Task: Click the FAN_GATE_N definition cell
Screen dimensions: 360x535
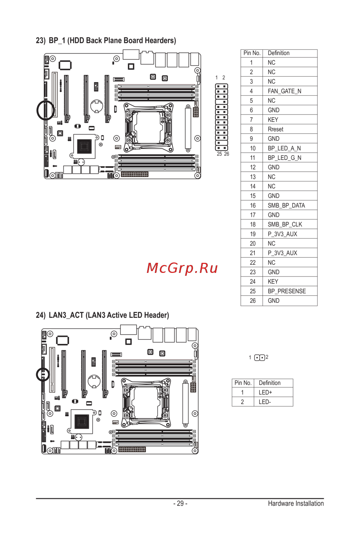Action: (x=284, y=91)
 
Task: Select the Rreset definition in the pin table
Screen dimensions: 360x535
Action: (x=275, y=129)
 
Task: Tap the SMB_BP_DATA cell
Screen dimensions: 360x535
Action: (x=286, y=206)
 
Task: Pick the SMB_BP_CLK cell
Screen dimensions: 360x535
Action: (x=285, y=225)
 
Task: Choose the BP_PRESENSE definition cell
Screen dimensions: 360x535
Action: (x=287, y=291)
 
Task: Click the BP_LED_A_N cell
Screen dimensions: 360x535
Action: (x=284, y=148)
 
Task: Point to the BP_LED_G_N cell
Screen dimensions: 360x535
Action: (x=284, y=158)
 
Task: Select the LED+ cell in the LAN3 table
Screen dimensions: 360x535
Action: (x=265, y=392)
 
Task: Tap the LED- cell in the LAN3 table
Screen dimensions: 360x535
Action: (x=265, y=402)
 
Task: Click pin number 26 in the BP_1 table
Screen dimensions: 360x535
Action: (x=253, y=301)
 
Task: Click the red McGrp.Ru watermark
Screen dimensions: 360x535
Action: (x=182, y=268)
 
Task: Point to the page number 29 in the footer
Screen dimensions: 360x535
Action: (x=180, y=503)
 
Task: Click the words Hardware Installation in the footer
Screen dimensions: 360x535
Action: (x=296, y=503)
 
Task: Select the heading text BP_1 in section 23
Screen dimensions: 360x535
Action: (x=57, y=41)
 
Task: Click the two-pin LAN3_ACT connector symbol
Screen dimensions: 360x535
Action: (x=260, y=358)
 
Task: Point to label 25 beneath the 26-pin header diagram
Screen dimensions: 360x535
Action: (x=219, y=154)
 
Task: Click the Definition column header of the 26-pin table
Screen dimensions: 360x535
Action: (x=279, y=53)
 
